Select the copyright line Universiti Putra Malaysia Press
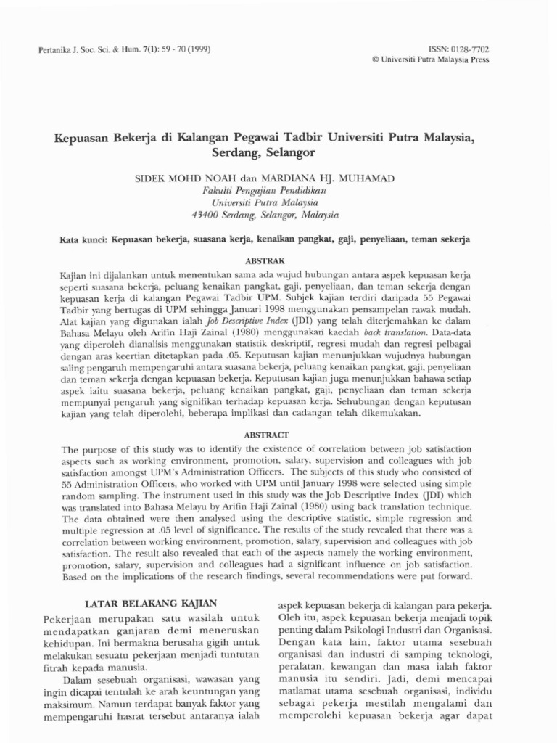coord(433,59)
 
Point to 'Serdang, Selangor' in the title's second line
coord(264,153)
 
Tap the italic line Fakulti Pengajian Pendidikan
coord(264,190)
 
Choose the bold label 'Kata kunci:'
coord(82,238)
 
